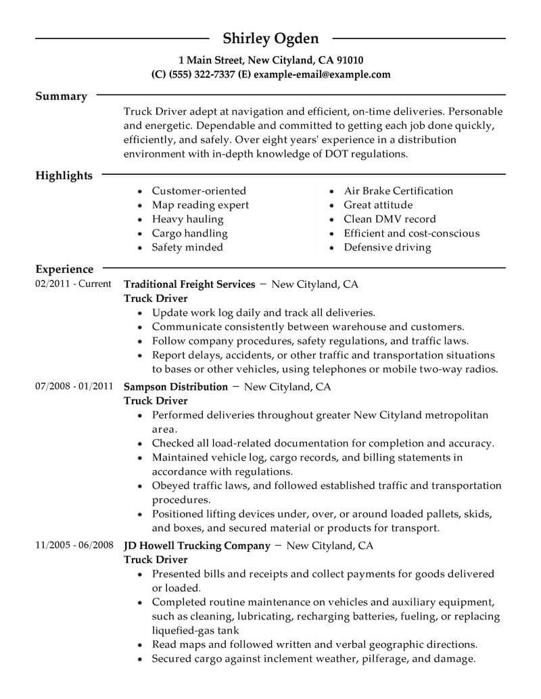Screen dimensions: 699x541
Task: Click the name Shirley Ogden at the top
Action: pos(270,38)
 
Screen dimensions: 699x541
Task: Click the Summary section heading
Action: pos(61,97)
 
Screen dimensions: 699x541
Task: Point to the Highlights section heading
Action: pos(64,176)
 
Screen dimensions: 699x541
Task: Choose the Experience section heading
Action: pos(64,269)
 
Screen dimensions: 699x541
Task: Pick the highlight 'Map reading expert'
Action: pos(200,205)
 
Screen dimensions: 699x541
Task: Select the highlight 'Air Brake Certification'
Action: pos(398,190)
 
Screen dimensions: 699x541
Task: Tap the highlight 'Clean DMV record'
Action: pos(390,219)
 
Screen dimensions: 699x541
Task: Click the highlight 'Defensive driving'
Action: pos(387,247)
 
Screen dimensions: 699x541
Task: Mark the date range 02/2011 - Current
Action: pos(73,284)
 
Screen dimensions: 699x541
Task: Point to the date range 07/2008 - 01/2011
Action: pos(73,386)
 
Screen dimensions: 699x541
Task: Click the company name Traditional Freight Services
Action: pos(189,284)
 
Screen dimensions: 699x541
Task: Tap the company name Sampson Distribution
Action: pos(176,387)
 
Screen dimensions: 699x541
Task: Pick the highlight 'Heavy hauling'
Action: pos(187,219)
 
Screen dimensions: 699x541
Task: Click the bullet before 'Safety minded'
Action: pos(139,248)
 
